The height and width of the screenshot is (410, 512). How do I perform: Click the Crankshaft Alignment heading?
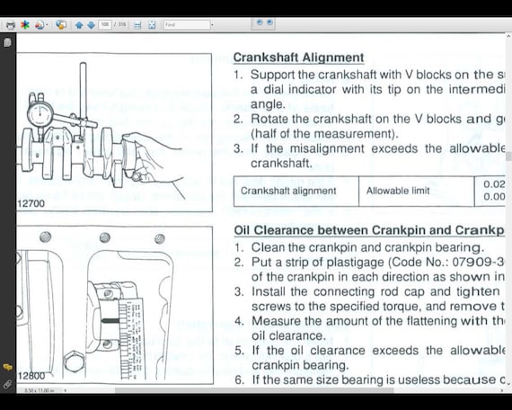click(298, 58)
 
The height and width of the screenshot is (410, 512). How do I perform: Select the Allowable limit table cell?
click(403, 191)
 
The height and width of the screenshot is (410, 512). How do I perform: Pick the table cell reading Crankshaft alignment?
click(288, 191)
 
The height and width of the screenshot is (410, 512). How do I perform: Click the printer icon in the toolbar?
click(10, 24)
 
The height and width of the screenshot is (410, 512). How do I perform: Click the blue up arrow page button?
click(79, 24)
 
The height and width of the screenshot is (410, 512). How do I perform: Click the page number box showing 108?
click(105, 24)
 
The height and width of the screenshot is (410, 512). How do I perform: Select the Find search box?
click(187, 24)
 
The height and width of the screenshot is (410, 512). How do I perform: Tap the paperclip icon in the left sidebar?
click(7, 384)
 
